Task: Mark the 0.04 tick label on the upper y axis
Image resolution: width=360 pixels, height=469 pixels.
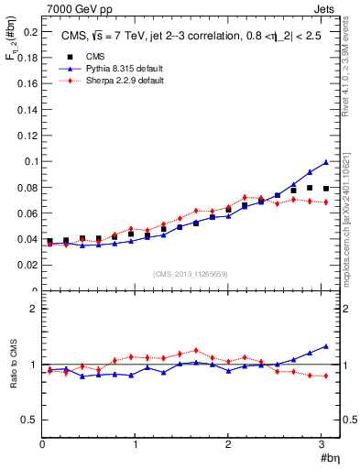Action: [27, 239]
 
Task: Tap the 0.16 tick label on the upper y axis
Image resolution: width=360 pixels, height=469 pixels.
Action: [27, 83]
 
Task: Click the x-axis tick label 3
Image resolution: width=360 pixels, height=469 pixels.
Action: [322, 445]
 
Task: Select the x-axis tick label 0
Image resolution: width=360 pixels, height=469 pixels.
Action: [42, 445]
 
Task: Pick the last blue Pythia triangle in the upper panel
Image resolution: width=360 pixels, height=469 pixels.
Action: [325, 162]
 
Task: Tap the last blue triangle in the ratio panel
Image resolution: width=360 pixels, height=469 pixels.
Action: [325, 346]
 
